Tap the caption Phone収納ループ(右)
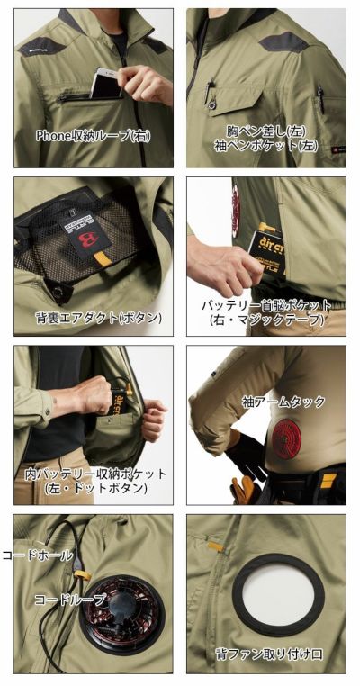[x=93, y=136]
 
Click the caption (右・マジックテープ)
[x=266, y=320]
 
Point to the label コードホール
[x=39, y=555]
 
